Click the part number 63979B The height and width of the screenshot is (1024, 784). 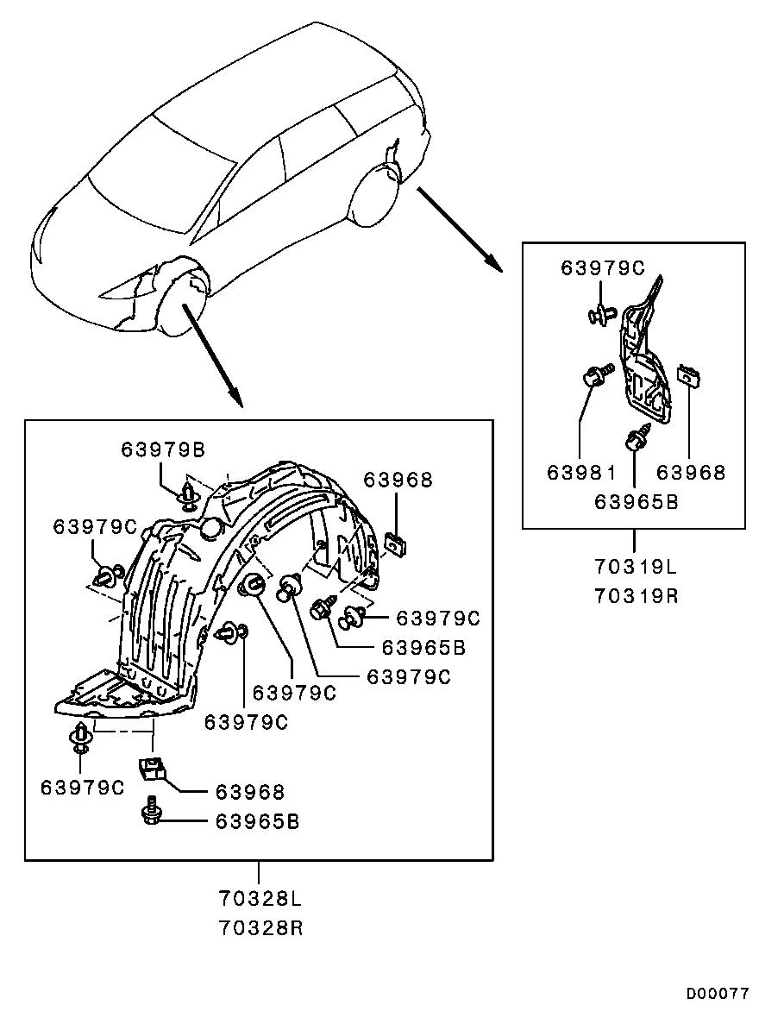tap(162, 449)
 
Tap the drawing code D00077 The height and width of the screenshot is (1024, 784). tap(718, 993)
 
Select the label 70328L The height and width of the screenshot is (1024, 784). tap(260, 899)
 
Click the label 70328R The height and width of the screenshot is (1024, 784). tap(260, 928)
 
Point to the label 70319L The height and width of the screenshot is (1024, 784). tap(636, 566)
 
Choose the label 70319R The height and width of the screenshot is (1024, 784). tap(636, 595)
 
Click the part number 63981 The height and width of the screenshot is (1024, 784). tap(581, 472)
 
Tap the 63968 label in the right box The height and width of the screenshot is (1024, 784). tap(691, 472)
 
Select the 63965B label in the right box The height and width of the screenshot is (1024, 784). tap(637, 501)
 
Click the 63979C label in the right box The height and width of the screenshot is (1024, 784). tap(603, 267)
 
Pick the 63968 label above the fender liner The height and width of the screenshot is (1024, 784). tap(398, 480)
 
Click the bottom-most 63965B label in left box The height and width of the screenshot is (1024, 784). tap(257, 821)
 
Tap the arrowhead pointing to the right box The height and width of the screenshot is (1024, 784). tap(492, 262)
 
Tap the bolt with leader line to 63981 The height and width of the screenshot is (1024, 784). tap(597, 375)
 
